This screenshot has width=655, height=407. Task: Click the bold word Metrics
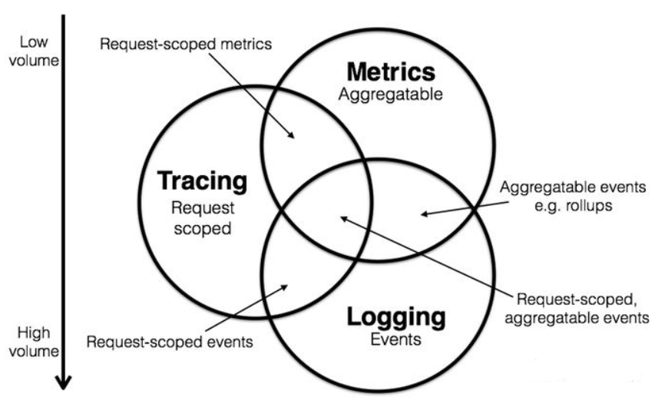click(391, 73)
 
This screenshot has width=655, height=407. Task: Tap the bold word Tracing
click(202, 181)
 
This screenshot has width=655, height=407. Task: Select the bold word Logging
click(395, 317)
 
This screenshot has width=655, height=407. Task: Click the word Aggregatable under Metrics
click(391, 94)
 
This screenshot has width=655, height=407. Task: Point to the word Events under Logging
click(395, 339)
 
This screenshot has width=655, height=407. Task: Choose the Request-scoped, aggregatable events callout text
click(571, 306)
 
